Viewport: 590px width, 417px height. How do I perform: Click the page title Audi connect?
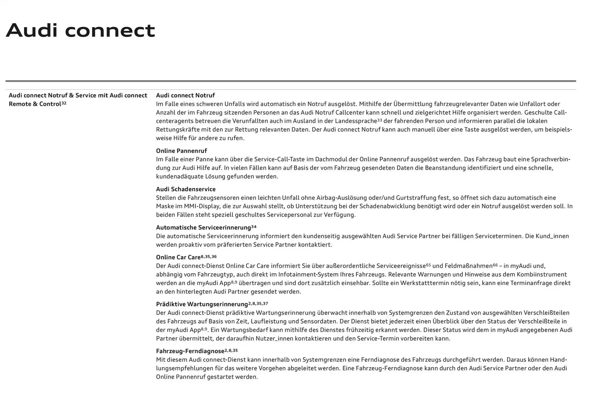point(81,30)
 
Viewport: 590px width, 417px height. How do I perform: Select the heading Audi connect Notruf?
point(185,95)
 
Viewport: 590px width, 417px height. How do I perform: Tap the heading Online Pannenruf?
point(181,151)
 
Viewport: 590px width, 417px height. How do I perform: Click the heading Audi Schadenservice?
point(186,189)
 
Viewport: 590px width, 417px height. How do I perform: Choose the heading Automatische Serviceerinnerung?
point(203,228)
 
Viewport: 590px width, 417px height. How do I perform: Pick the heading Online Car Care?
point(178,257)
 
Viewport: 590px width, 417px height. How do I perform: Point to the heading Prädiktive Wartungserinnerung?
point(202,304)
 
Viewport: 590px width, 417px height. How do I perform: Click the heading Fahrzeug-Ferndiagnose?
point(190,351)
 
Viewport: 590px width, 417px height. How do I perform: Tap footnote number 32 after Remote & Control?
point(64,103)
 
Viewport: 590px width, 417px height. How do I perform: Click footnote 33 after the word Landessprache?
point(380,120)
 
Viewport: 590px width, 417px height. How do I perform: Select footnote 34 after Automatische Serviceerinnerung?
point(254,227)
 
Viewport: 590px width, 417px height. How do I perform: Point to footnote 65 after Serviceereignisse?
point(428,265)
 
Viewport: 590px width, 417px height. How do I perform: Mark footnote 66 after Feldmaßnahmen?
point(495,265)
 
